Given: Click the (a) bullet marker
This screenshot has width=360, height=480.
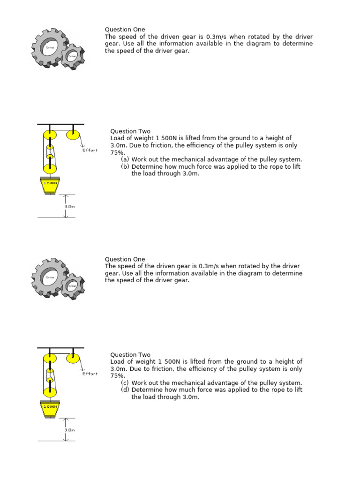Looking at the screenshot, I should tap(125, 159).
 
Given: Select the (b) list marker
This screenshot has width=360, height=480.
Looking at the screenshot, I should tap(125, 166).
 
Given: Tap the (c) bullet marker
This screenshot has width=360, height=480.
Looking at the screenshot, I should tap(125, 383).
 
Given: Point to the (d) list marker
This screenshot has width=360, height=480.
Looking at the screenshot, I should tap(125, 390).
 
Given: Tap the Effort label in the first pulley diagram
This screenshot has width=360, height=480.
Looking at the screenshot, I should tap(90, 150).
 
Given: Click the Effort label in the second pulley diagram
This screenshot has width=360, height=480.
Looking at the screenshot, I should tap(90, 374).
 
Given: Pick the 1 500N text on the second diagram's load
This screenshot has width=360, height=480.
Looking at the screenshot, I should tap(51, 407).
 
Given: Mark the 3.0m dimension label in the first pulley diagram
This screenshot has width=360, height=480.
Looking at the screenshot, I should tap(69, 206).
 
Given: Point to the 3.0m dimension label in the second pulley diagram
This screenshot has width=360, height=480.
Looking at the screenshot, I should tap(69, 429).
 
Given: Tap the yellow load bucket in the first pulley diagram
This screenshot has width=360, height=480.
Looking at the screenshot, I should tap(51, 186).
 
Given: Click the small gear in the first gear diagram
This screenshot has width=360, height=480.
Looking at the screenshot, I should tap(73, 56).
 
